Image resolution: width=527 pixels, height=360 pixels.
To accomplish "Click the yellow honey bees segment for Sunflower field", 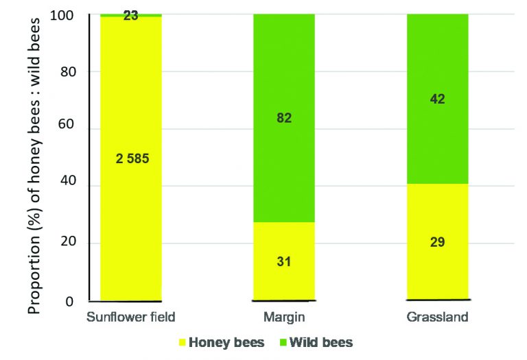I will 131,206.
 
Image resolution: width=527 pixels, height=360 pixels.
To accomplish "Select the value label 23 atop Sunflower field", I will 131,15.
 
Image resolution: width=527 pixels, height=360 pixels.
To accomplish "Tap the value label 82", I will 284,118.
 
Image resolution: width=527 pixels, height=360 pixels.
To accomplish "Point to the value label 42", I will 437,99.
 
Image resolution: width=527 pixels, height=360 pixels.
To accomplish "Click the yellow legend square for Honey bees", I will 183,342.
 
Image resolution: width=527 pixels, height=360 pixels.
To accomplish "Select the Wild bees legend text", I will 322,342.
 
